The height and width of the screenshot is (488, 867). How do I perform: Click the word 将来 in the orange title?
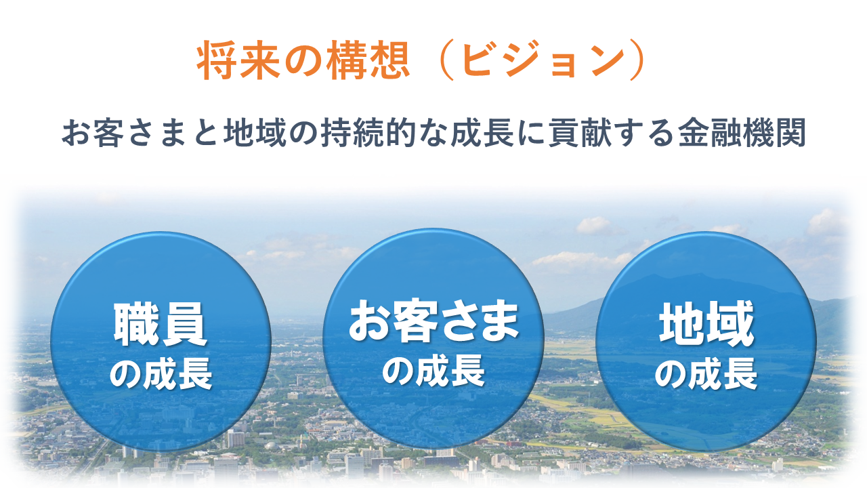[238, 60]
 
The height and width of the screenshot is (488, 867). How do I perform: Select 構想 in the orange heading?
[368, 60]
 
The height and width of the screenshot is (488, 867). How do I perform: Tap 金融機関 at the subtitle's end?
[742, 132]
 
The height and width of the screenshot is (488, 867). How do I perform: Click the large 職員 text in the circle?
[160, 325]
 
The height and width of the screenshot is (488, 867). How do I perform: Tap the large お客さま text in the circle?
[433, 321]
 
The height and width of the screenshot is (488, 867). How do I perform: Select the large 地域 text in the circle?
[706, 324]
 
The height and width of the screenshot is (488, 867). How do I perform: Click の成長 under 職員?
[161, 373]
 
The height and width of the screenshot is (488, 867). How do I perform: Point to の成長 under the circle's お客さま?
[433, 371]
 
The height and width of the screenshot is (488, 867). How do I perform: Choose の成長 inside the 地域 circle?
[706, 373]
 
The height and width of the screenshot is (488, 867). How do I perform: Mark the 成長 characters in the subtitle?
[482, 132]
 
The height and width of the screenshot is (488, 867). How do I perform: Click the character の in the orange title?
[303, 62]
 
